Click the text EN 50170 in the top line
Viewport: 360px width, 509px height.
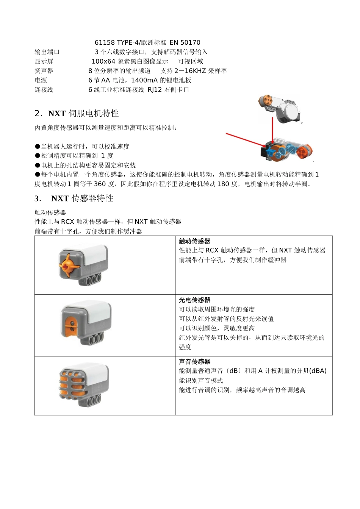[x=185, y=43]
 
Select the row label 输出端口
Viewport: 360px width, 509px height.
[x=47, y=52]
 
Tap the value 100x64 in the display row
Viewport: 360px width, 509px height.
[x=103, y=61]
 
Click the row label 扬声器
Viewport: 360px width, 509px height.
[x=44, y=71]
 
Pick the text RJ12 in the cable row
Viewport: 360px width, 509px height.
[x=155, y=90]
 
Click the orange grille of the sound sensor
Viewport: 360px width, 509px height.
[x=70, y=382]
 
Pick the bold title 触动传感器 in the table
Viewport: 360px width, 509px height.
[x=194, y=241]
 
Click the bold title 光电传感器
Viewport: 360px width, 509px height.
[x=194, y=300]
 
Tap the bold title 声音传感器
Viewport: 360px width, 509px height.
[x=194, y=362]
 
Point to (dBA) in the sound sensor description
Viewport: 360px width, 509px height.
[x=318, y=371]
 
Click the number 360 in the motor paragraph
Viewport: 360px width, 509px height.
[x=100, y=184]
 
